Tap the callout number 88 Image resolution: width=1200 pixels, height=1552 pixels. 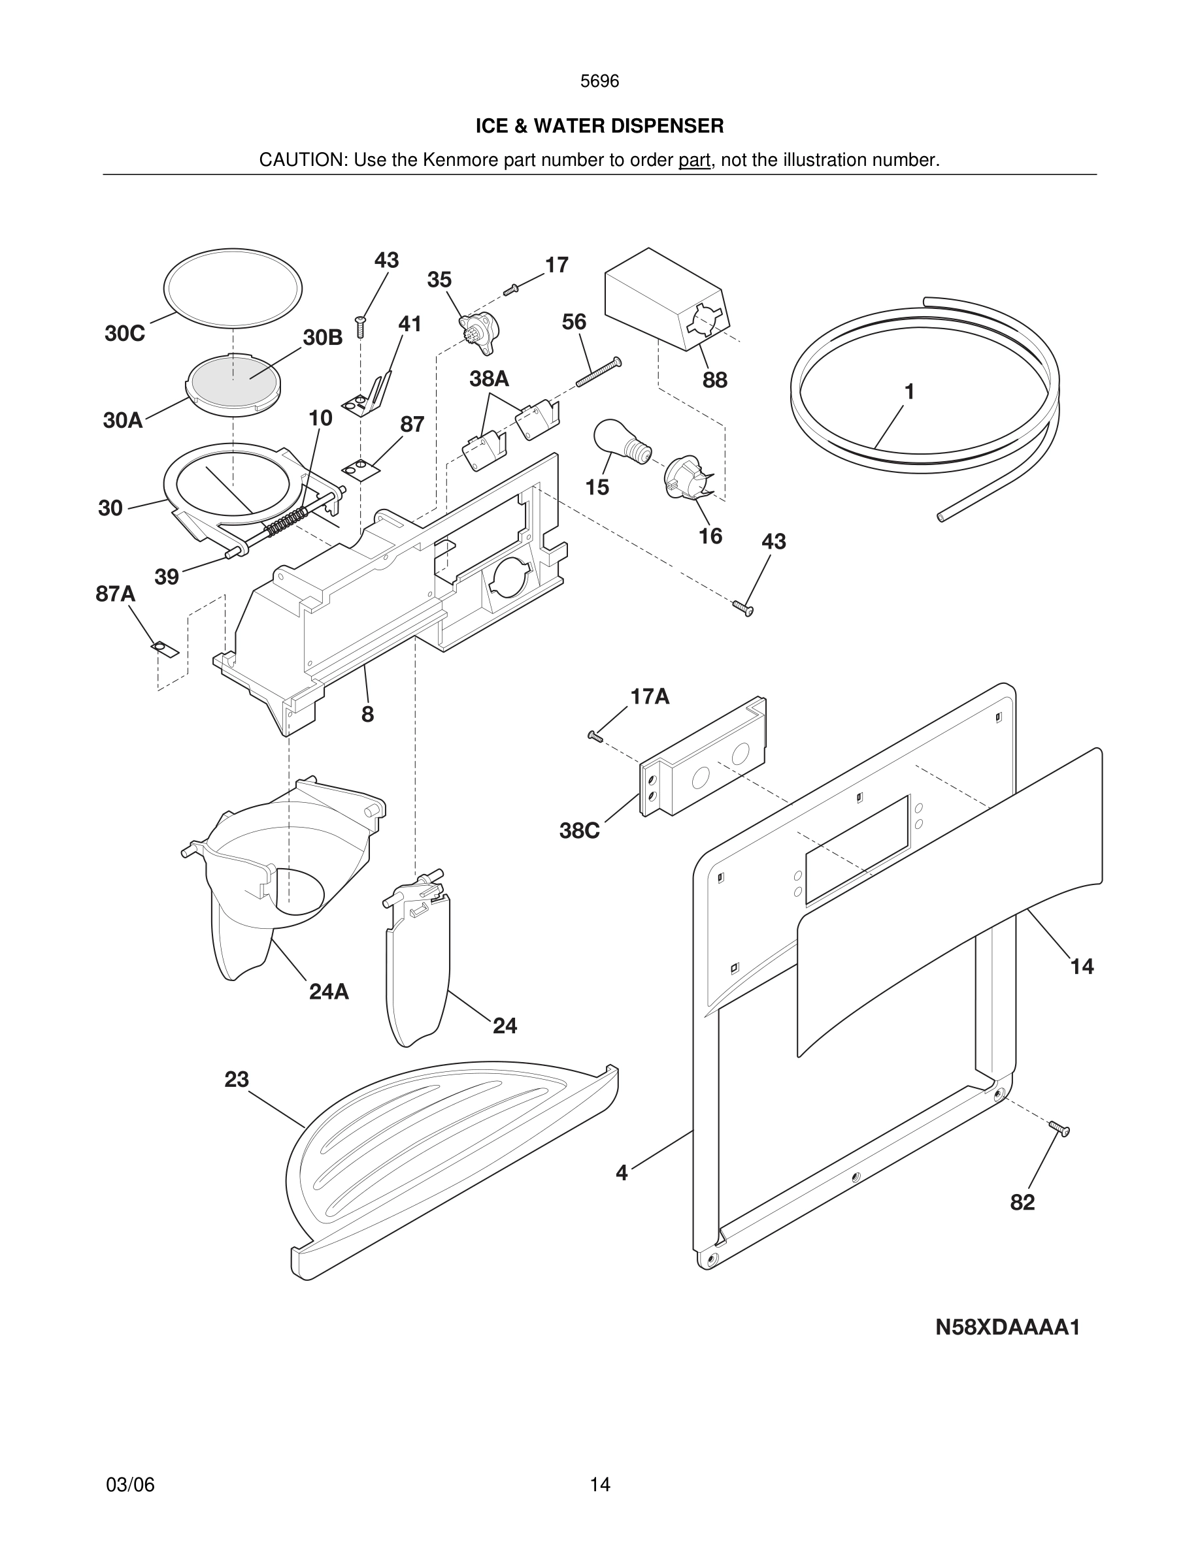[x=714, y=380]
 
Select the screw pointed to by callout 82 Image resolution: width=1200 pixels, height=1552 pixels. [x=1059, y=1128]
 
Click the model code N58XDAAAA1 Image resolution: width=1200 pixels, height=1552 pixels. [x=1007, y=1327]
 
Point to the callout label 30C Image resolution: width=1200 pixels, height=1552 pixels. [x=124, y=333]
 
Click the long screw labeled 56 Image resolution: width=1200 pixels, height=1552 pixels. [x=598, y=373]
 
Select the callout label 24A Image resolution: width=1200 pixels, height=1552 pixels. [x=329, y=992]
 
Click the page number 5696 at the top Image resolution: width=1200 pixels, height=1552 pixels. [x=599, y=82]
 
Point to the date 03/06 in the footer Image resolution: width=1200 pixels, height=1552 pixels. [x=130, y=1485]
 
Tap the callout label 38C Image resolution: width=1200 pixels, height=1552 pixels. [x=578, y=831]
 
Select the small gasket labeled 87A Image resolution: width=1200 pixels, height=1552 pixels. [x=162, y=648]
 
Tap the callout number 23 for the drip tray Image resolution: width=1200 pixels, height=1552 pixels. [x=236, y=1080]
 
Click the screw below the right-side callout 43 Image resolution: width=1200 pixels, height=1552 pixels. [x=743, y=607]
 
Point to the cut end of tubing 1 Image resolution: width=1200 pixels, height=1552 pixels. [x=942, y=517]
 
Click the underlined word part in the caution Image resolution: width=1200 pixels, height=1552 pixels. [x=694, y=161]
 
